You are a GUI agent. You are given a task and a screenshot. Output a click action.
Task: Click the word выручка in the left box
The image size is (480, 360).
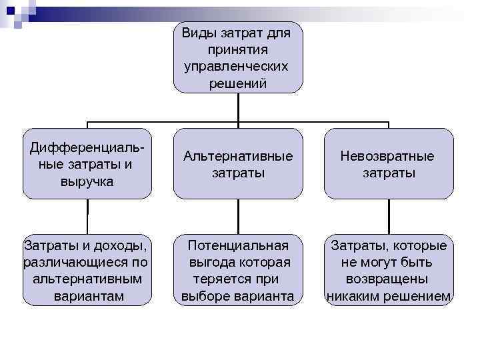(x=87, y=181)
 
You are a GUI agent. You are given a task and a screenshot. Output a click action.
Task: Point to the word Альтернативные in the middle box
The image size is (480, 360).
(x=238, y=156)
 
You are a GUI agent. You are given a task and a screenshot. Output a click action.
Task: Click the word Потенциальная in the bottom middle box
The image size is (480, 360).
(x=238, y=245)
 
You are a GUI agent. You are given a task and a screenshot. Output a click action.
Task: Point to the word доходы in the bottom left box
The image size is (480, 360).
(x=121, y=245)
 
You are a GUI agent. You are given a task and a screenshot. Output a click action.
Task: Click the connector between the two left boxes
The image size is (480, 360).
(x=87, y=215)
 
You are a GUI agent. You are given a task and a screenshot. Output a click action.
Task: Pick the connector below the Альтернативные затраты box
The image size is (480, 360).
(x=238, y=215)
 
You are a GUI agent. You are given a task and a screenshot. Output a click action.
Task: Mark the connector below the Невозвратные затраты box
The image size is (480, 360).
(x=389, y=215)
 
